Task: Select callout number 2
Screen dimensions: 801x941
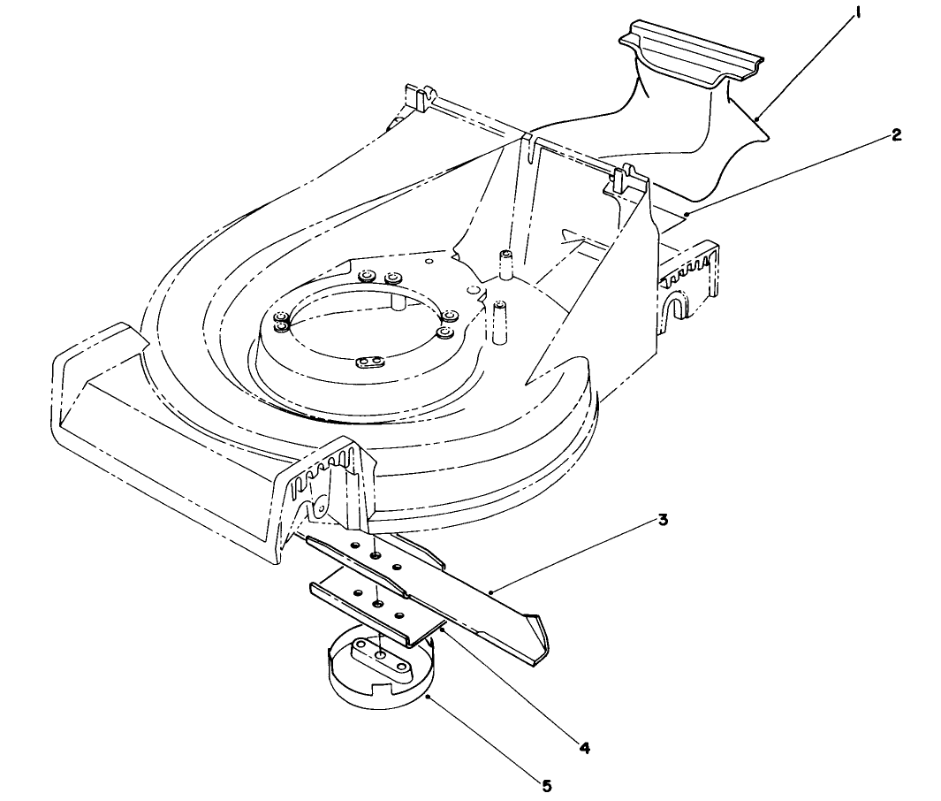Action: [x=896, y=135]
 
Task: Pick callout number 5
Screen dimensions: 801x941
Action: [x=547, y=784]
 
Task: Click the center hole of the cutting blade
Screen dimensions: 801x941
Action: [x=376, y=556]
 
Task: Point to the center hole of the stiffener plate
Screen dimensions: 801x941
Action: [x=378, y=603]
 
